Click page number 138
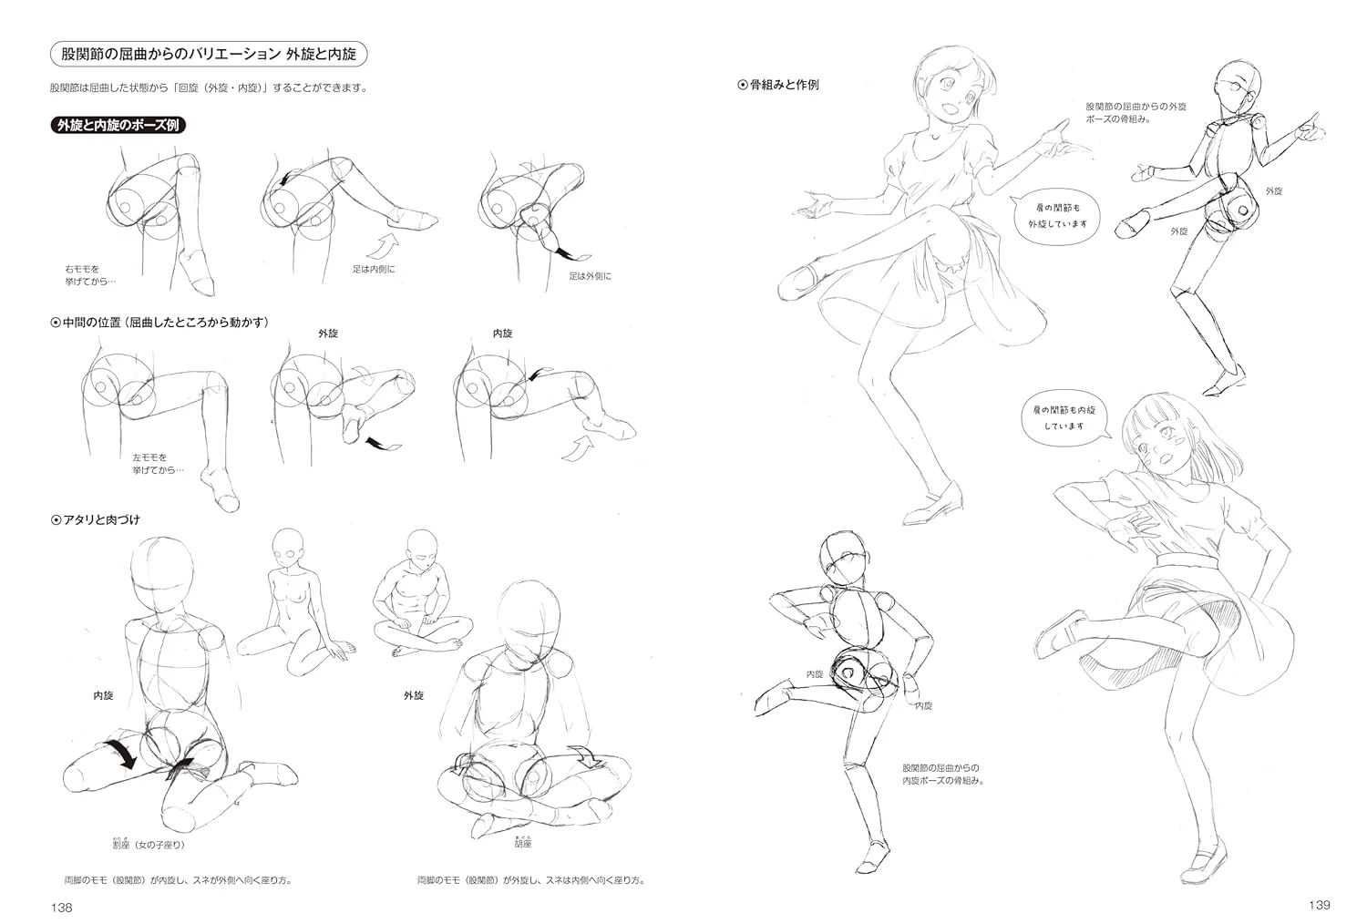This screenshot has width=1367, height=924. pyautogui.click(x=62, y=908)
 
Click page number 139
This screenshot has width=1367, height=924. pyautogui.click(x=1319, y=905)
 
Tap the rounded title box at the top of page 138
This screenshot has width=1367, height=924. pyautogui.click(x=209, y=55)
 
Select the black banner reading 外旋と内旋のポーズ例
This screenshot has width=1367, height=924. pyautogui.click(x=118, y=125)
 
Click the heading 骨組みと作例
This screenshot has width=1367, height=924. pyautogui.click(x=778, y=85)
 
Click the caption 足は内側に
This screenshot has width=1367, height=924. pyautogui.click(x=374, y=269)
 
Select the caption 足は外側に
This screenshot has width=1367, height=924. pyautogui.click(x=591, y=276)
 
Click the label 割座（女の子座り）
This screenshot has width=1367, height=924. pyautogui.click(x=149, y=844)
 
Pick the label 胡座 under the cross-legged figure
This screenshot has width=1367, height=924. pyautogui.click(x=523, y=842)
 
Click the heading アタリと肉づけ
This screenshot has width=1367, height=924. pyautogui.click(x=95, y=520)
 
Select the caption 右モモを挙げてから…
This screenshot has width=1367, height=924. pyautogui.click(x=90, y=275)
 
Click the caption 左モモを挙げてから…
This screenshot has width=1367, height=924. pyautogui.click(x=158, y=464)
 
